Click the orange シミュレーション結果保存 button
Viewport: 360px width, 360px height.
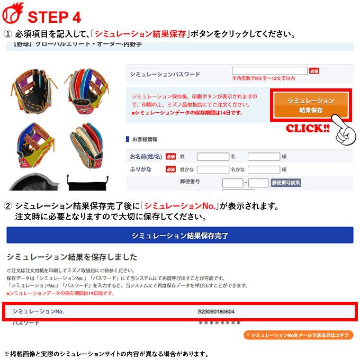pyautogui.click(x=311, y=105)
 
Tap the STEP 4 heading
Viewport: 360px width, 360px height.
pyautogui.click(x=55, y=17)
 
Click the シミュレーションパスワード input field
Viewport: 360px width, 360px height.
pyautogui.click(x=269, y=70)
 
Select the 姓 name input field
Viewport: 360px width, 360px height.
pyautogui.click(x=212, y=157)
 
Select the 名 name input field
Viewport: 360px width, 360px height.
pyautogui.click(x=263, y=157)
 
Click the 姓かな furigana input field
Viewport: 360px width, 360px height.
pyautogui.click(x=212, y=169)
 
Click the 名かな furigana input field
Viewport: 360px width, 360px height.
pyautogui.click(x=263, y=169)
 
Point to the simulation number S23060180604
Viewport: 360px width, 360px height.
pyautogui.click(x=220, y=311)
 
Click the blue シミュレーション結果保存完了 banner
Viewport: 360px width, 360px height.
pyautogui.click(x=179, y=235)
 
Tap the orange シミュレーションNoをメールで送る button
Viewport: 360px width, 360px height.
pyautogui.click(x=299, y=335)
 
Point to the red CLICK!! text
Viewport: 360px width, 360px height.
pyautogui.click(x=308, y=129)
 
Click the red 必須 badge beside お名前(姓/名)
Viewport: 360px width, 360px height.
pyautogui.click(x=170, y=157)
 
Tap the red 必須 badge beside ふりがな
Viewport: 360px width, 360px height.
pyautogui.click(x=170, y=169)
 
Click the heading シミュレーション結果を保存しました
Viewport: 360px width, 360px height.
pyautogui.click(x=72, y=257)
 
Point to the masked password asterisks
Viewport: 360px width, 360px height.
pyautogui.click(x=219, y=323)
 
